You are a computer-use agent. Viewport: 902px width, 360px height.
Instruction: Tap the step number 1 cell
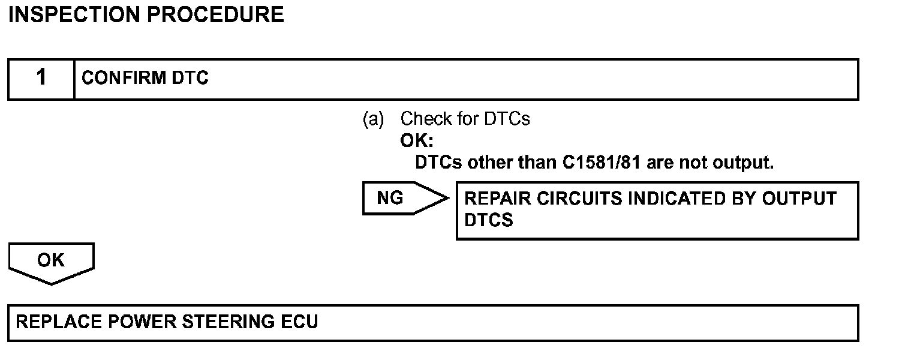[x=41, y=78]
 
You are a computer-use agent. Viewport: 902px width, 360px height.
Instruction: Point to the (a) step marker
[x=373, y=119]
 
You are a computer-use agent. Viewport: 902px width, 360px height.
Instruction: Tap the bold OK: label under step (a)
[x=416, y=141]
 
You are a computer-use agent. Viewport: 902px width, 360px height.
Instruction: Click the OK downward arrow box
[x=51, y=262]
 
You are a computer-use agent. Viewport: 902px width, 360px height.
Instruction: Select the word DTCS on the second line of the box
[x=489, y=220]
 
